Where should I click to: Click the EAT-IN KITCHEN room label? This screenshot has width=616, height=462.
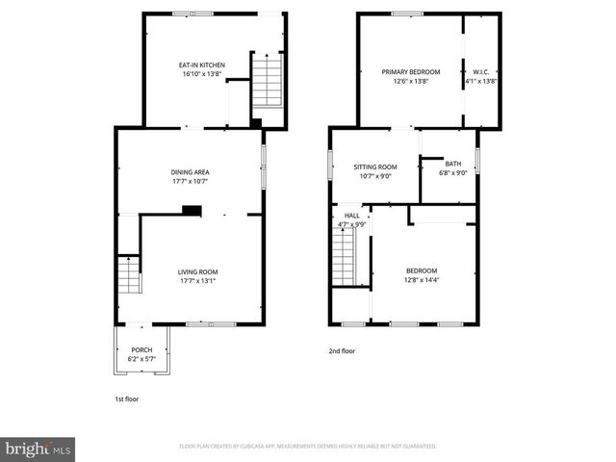201,65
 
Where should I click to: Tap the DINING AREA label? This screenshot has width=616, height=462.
190,172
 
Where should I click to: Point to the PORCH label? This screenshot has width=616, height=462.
141,350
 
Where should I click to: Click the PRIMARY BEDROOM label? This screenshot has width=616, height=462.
410,72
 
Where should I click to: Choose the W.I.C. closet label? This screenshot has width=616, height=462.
481,72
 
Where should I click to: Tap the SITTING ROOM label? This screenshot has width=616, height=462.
374,167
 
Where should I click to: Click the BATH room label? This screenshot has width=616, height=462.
452,165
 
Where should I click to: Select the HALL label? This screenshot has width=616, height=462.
352,215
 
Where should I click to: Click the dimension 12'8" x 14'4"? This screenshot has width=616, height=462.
421,280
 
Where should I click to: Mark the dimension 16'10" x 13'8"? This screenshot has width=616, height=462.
201,73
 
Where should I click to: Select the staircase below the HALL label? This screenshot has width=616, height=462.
345,254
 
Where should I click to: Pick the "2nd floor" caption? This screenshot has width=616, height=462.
342,351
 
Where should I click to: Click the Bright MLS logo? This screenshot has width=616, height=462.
38,448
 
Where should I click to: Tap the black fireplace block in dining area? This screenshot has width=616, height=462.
192,211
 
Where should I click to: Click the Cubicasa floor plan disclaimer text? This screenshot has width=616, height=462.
308,447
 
